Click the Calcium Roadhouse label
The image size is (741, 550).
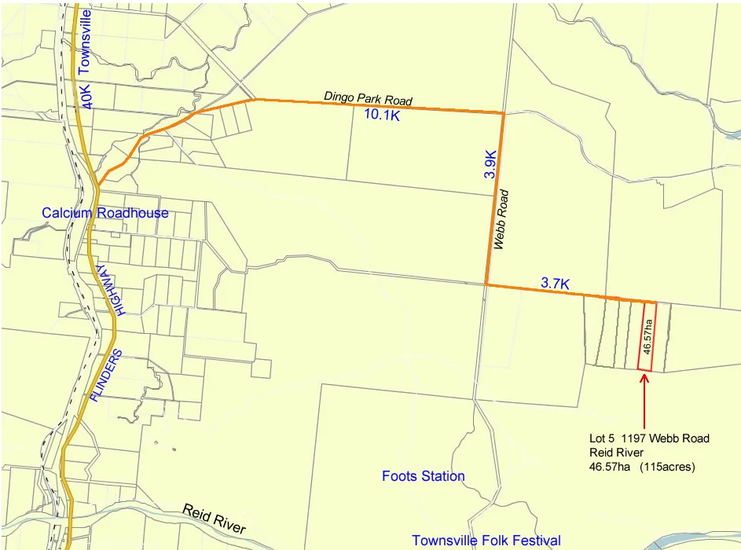(105, 213)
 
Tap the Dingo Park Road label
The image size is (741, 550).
(368, 99)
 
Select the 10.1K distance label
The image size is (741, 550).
(383, 115)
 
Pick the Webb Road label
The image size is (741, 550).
(502, 219)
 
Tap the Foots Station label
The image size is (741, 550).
(423, 476)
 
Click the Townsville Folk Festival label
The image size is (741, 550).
(486, 541)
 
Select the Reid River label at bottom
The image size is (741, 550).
(214, 519)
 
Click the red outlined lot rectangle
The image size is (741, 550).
(646, 335)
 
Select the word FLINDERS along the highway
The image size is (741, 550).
(105, 376)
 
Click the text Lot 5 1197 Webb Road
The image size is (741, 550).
(649, 438)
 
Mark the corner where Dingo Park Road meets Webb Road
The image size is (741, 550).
(503, 113)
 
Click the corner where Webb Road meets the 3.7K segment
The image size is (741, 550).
(486, 284)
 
